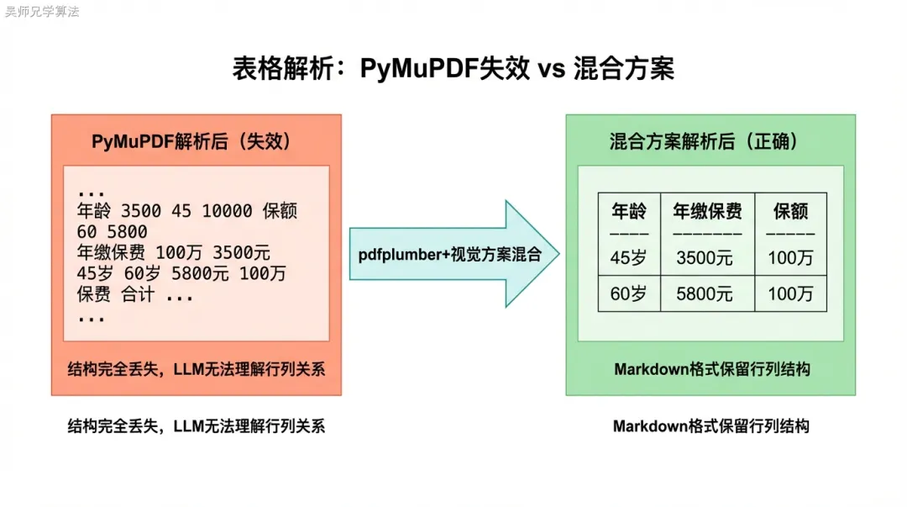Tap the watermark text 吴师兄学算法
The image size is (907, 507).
[x=42, y=12]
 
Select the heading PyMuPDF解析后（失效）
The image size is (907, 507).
[x=191, y=141]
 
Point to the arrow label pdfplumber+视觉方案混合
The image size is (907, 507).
[x=450, y=253]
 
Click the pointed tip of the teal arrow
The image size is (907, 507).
[x=558, y=253]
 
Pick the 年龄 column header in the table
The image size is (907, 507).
[x=629, y=211]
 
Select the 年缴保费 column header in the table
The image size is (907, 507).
[x=707, y=211]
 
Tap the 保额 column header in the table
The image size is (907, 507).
[x=790, y=211]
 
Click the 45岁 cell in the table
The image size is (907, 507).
[x=629, y=258]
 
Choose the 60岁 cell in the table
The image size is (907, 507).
[x=629, y=293]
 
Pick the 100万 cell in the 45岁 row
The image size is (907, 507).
[x=790, y=258]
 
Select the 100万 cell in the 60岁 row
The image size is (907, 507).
[x=790, y=293]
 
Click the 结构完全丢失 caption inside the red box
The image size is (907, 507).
[x=196, y=368]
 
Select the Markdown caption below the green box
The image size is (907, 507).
[x=710, y=426]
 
